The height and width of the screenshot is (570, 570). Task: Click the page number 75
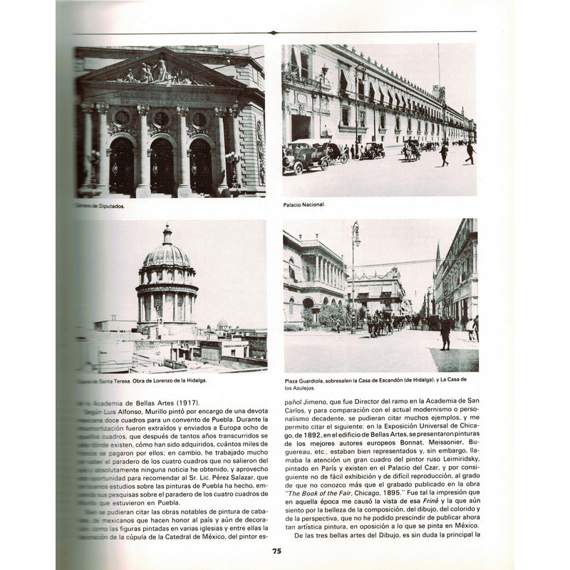click(276, 550)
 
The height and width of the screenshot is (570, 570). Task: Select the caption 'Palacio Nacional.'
click(304, 204)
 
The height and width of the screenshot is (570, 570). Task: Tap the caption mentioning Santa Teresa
click(142, 381)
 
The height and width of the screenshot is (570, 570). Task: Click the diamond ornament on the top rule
click(274, 32)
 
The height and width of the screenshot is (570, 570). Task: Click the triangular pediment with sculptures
click(160, 71)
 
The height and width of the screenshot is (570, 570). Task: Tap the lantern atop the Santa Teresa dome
click(167, 234)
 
